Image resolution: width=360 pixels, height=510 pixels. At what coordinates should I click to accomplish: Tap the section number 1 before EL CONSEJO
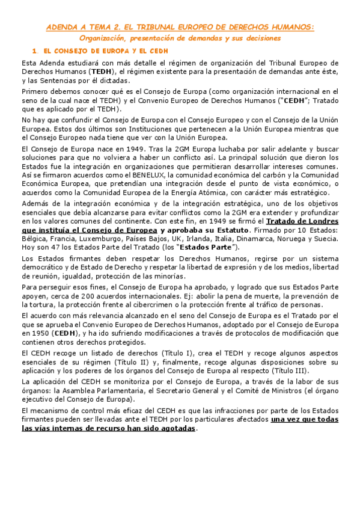pos(35,51)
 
